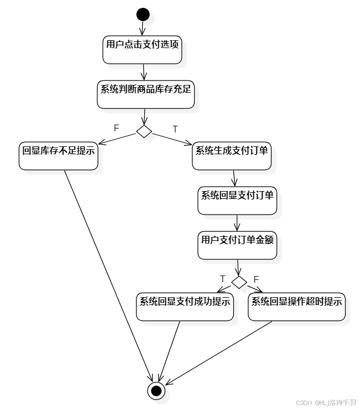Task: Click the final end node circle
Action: tap(156, 390)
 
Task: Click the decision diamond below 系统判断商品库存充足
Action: tap(144, 131)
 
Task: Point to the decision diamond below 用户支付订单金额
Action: tap(239, 282)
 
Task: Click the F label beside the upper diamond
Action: tap(116, 128)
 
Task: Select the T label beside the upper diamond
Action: tap(175, 129)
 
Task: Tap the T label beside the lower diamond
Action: tap(222, 279)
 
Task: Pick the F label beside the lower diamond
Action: tap(256, 279)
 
